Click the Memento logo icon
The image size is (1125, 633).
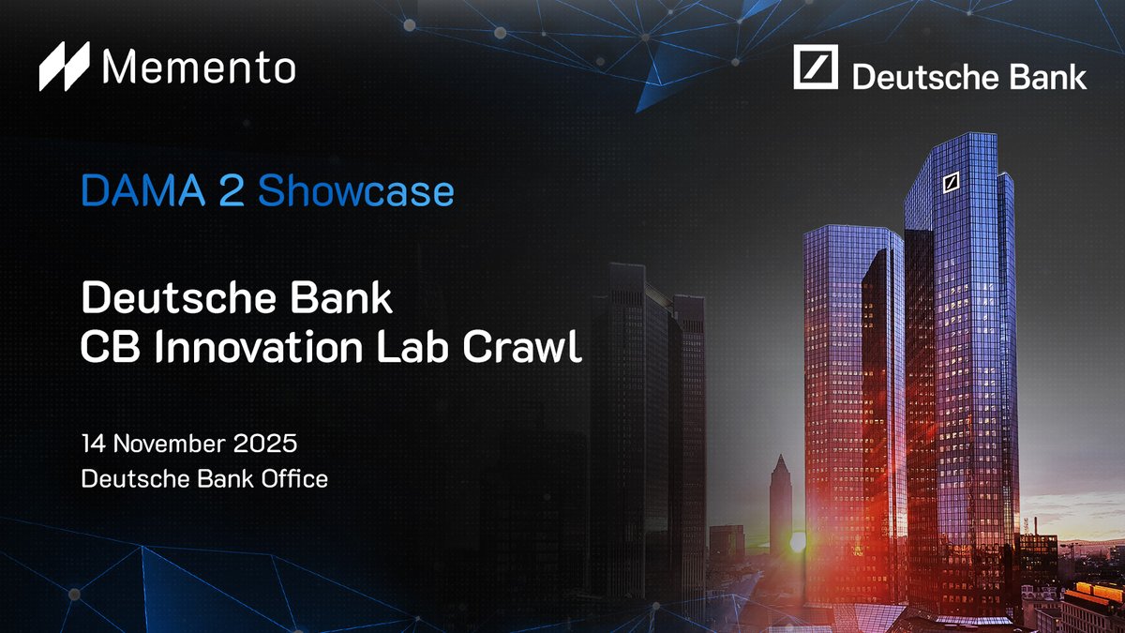[64, 67]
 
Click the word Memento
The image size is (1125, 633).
[199, 67]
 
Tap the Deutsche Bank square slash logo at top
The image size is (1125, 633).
[815, 68]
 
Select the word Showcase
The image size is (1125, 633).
[355, 191]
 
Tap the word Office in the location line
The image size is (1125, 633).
[295, 478]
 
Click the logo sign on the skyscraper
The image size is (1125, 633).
[952, 182]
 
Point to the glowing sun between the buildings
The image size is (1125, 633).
[799, 542]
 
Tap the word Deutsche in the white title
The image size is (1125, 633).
[157, 299]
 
